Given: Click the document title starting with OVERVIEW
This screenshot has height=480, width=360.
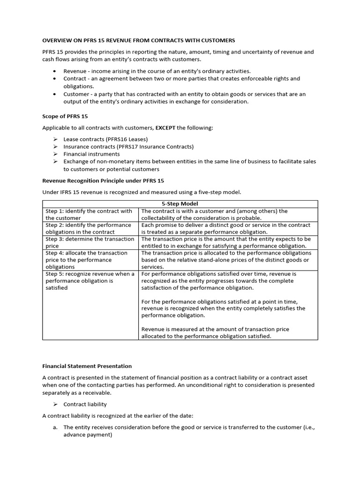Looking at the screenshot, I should [x=139, y=40].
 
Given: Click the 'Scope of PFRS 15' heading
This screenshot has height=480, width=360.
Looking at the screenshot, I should [x=65, y=116].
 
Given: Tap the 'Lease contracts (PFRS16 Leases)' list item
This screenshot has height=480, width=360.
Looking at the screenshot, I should [x=105, y=139].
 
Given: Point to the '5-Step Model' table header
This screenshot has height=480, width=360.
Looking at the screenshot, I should [x=180, y=204].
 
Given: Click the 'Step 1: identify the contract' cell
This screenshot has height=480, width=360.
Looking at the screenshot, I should [x=90, y=215].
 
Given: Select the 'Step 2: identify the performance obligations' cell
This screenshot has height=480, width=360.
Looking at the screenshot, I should [x=90, y=228].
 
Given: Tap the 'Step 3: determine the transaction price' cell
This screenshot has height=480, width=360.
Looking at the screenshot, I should [x=90, y=242].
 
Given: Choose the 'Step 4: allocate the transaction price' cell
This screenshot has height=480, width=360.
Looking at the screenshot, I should [x=90, y=260].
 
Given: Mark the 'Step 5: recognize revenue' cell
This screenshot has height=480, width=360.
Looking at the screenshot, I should [x=90, y=281].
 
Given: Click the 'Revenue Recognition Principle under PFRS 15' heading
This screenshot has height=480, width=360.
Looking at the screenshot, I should [x=103, y=180].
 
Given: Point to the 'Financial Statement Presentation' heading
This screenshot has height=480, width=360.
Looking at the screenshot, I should [x=87, y=366].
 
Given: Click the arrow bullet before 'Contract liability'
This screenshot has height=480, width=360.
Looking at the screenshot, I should [x=55, y=405].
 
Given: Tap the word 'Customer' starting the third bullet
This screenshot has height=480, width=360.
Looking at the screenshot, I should [x=76, y=94].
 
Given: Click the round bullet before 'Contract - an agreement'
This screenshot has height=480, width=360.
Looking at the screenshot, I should [x=55, y=79].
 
